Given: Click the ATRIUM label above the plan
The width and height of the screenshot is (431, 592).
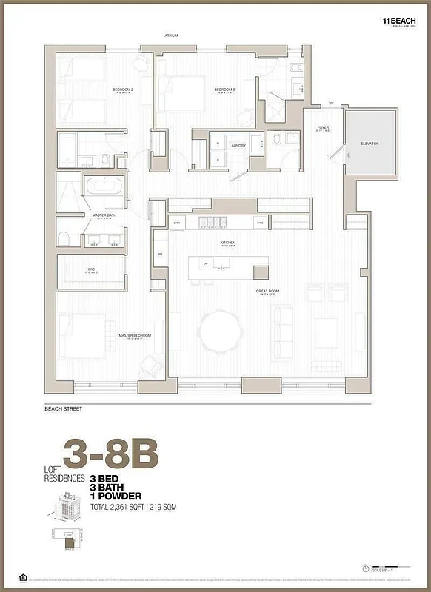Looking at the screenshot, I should tap(171, 35).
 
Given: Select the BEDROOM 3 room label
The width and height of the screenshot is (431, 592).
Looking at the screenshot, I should tap(224, 90).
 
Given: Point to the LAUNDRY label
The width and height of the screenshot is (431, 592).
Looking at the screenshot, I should tap(237, 146).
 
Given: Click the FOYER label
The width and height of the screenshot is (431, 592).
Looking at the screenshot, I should tap(323, 127).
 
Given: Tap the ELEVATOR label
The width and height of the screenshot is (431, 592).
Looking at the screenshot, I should tap(370, 143).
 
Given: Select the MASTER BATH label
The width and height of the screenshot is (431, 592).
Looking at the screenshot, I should tap(103, 215).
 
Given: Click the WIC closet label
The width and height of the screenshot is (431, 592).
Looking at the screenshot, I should tap(90, 269).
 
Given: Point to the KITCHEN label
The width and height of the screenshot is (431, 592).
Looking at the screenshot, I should tap(227, 243).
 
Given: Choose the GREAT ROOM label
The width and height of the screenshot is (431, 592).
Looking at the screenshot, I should tap(267, 292).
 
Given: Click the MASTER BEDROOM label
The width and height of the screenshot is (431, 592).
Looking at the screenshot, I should tap(135, 335).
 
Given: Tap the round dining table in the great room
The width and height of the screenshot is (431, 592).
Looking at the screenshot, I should tap(220, 328).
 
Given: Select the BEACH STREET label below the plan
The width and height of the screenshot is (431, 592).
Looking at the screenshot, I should tap(63, 408).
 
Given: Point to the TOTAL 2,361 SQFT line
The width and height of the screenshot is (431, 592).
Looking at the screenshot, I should tap(133, 507).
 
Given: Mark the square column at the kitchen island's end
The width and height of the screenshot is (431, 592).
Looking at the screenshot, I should tap(261, 271).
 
